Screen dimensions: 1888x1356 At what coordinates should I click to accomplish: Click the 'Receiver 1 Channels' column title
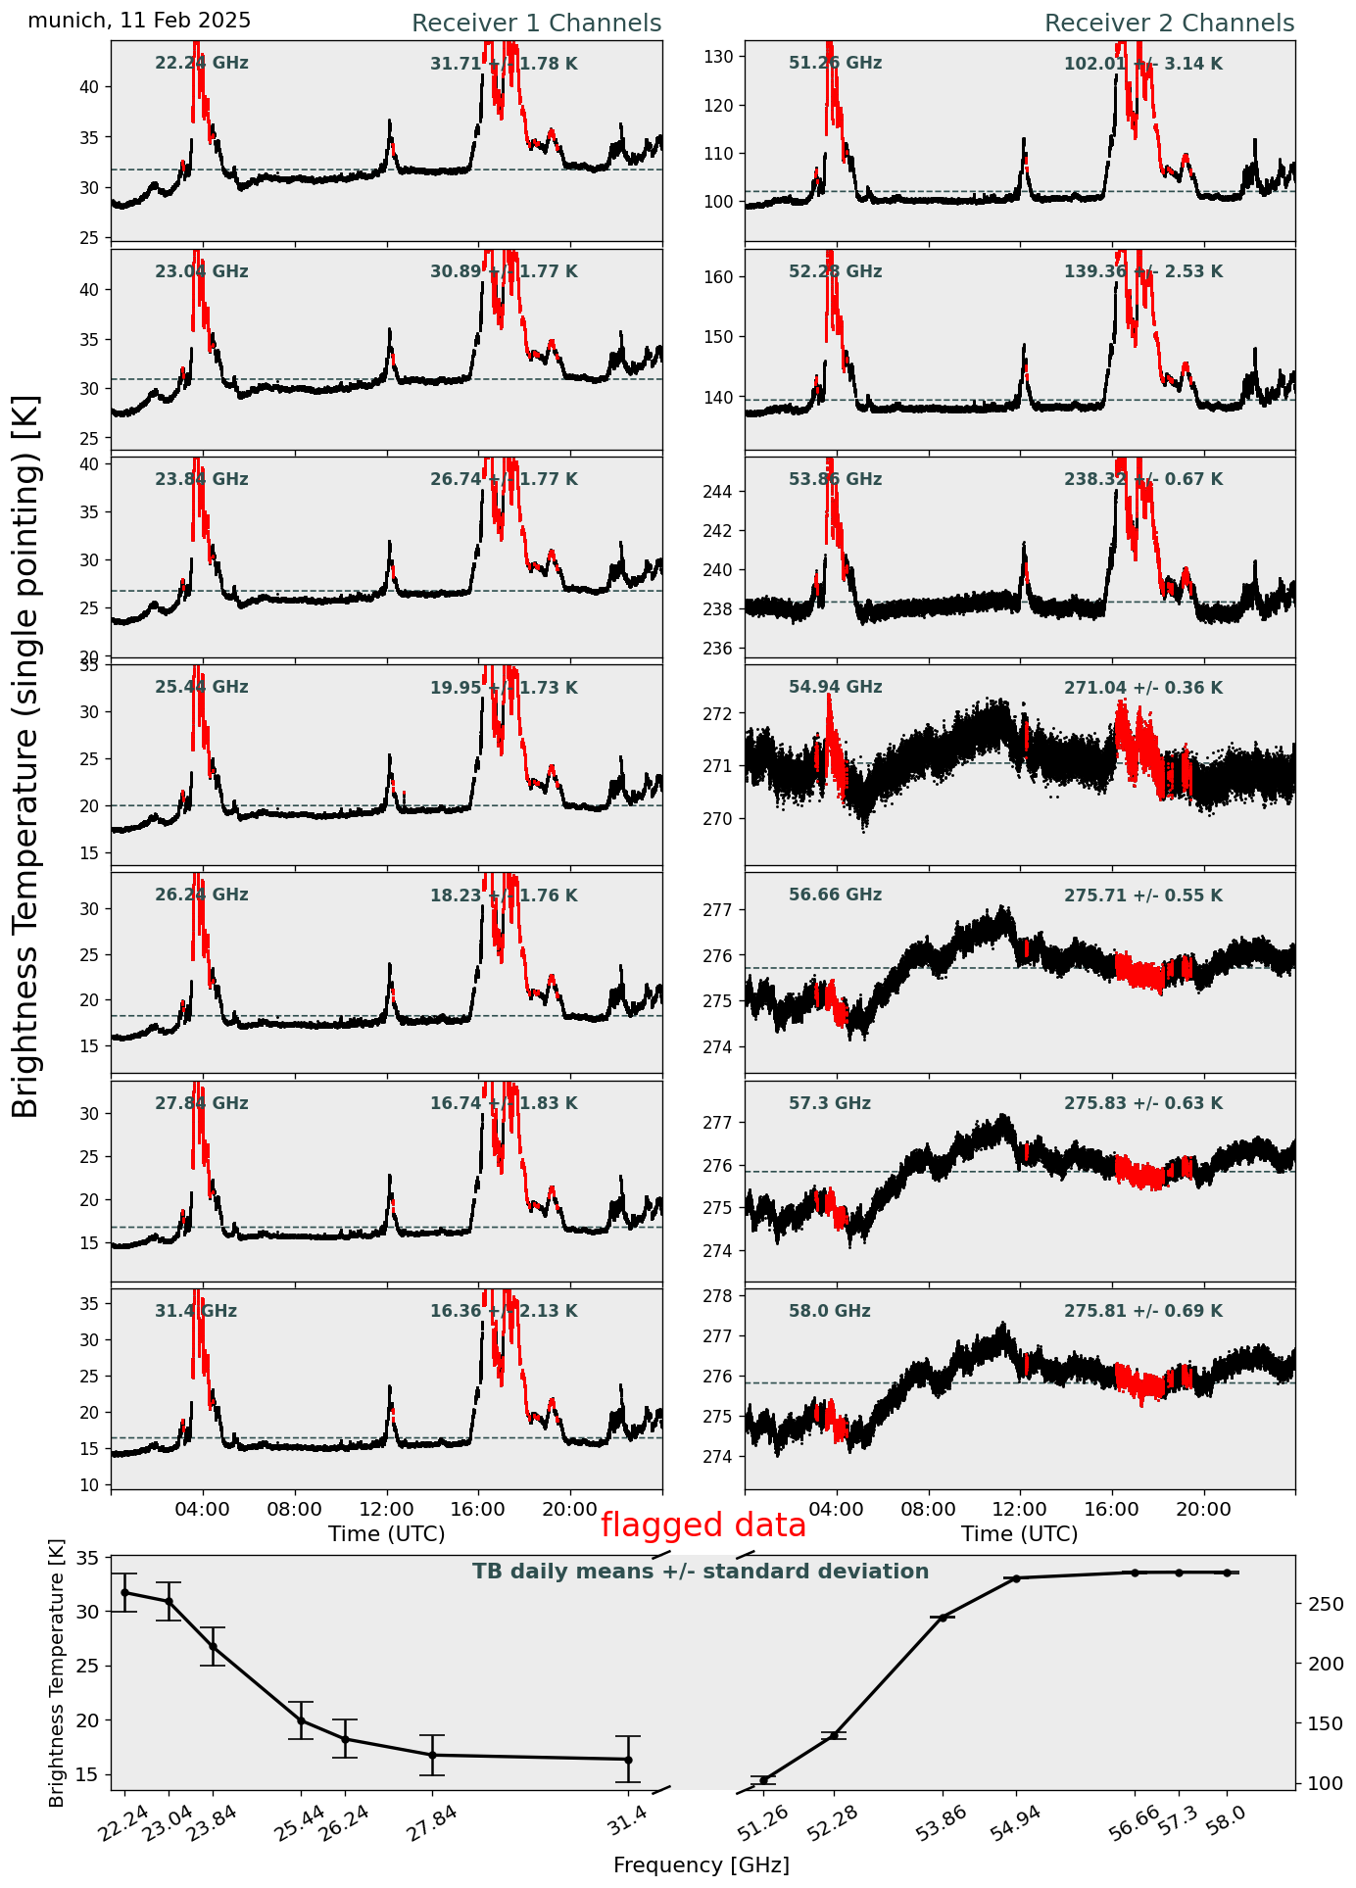536,24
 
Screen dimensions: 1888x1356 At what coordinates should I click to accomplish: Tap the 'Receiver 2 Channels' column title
1169,24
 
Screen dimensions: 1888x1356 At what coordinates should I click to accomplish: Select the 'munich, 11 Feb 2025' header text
139,21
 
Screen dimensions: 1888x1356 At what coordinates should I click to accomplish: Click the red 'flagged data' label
703,1525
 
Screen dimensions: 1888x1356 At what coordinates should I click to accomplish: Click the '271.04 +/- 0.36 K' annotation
1142,688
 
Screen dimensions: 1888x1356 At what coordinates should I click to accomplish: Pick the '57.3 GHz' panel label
829,1103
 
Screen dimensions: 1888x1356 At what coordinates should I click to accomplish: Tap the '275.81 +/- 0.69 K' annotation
1142,1311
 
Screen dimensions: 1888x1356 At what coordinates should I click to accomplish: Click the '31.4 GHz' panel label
196,1311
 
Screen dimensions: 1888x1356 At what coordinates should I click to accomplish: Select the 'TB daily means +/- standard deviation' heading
701,1572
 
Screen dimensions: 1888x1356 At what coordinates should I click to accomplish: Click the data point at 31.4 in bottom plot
628,1760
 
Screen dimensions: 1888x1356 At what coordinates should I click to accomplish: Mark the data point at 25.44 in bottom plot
301,1720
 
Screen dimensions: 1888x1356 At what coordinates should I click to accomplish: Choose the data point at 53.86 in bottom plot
944,1618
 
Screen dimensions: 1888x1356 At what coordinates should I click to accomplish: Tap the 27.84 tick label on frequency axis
436,1823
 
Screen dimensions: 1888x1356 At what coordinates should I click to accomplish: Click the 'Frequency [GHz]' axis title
701,1865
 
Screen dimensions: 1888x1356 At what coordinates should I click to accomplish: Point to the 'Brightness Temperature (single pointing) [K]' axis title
26,755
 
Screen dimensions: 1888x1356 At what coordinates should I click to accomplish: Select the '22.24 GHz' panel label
202,64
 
